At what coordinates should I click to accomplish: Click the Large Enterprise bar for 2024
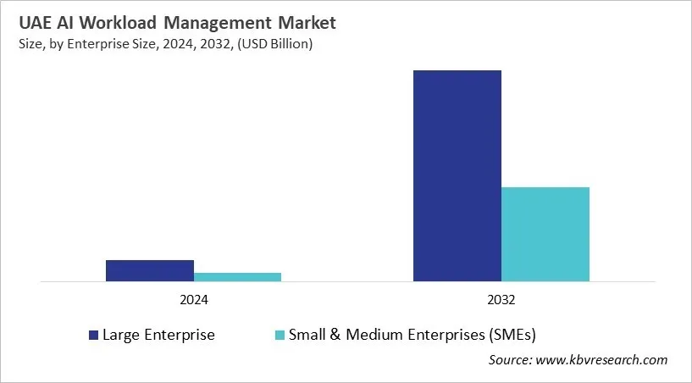tap(150, 270)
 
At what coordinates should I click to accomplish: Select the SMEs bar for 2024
tap(238, 276)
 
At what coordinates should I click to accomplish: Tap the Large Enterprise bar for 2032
tap(457, 175)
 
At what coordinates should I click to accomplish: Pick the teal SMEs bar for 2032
tap(545, 234)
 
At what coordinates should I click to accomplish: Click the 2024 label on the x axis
tap(194, 300)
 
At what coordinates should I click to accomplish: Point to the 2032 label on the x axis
tap(501, 300)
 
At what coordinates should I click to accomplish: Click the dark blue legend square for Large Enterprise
tap(93, 336)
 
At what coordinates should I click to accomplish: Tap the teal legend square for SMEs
tap(280, 336)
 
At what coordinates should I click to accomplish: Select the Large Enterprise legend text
tap(158, 335)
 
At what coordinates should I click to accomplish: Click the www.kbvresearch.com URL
tap(603, 360)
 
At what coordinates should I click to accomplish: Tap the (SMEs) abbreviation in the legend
tap(511, 335)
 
